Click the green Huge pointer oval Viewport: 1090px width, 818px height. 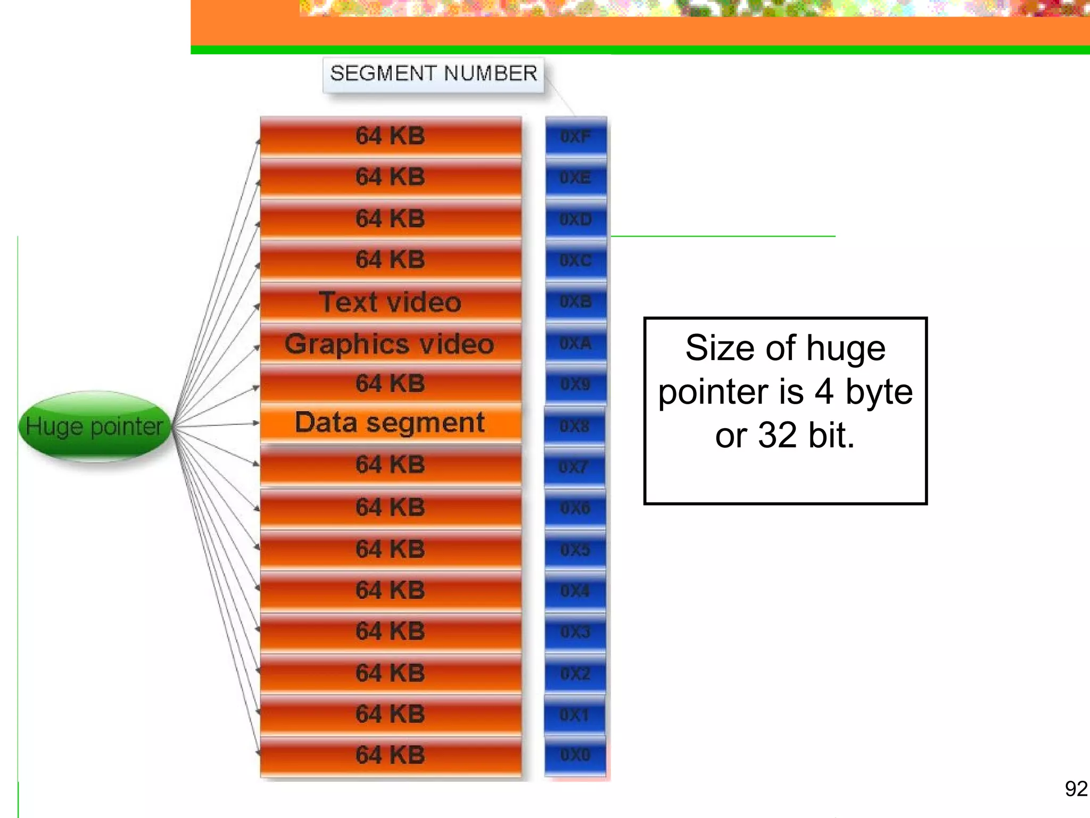[95, 426]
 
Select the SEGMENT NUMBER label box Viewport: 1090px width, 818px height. [433, 74]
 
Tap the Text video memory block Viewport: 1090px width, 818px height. [390, 302]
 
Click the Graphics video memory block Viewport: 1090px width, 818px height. [390, 343]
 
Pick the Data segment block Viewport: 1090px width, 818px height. [390, 423]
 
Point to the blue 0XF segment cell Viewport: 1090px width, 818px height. [576, 137]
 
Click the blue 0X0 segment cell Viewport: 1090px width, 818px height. [575, 755]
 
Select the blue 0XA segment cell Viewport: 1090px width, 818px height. [576, 343]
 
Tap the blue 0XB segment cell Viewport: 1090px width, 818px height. [576, 302]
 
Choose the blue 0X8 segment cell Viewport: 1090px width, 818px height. [575, 426]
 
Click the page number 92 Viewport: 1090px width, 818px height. [1076, 789]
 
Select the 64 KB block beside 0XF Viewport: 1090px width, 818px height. [390, 136]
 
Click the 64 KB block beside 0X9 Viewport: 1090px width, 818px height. [390, 383]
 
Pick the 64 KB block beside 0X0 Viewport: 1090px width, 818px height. [390, 755]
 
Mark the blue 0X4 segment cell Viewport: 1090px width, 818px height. [575, 591]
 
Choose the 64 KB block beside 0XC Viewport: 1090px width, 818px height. [390, 260]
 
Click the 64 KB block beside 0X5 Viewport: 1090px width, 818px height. [390, 549]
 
